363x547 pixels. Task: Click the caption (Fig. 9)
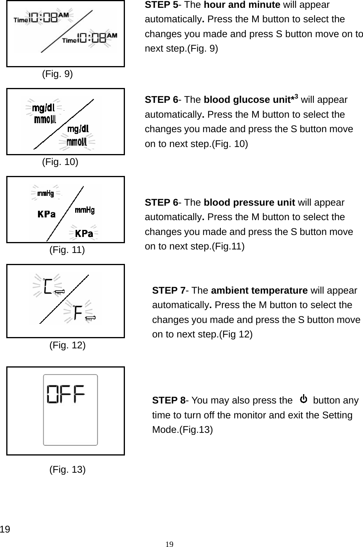tap(57, 74)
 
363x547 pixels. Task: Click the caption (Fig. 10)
tap(60, 162)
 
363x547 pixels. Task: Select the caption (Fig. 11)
tap(67, 249)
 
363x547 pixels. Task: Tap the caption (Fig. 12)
tap(67, 345)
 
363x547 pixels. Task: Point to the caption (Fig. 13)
tap(67, 469)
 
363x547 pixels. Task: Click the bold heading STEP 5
tap(161, 5)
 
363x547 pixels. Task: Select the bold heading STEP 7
tap(168, 291)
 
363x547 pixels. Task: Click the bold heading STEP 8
tap(168, 400)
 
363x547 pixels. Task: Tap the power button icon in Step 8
tap(303, 400)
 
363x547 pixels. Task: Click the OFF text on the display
tap(67, 395)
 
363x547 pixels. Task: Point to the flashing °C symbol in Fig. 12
tap(48, 287)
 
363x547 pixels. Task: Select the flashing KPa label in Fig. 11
tap(84, 233)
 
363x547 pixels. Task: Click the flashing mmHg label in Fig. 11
tap(45, 193)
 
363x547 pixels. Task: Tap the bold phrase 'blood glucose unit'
tap(247, 100)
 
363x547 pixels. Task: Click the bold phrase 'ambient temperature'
tap(259, 291)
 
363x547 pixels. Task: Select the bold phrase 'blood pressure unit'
tap(249, 203)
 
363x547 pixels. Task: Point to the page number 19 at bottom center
tap(169, 544)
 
